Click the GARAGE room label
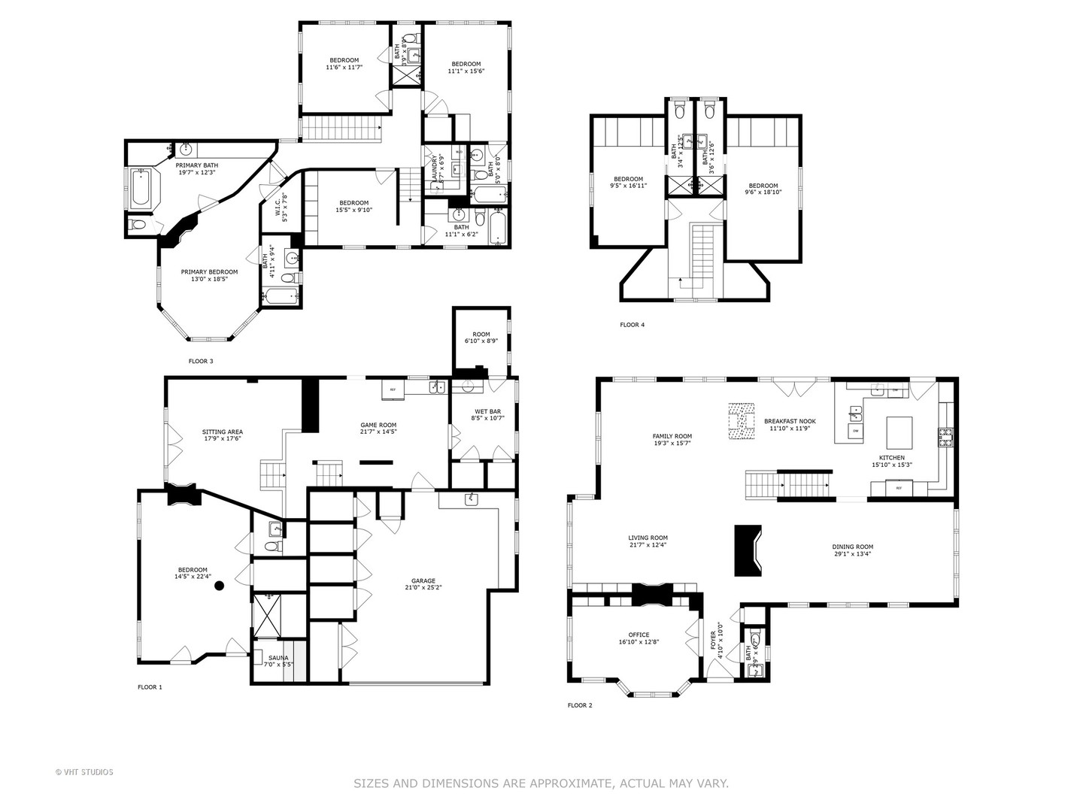point(423,584)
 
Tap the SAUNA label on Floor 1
point(278,661)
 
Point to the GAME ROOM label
point(378,429)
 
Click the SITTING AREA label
point(222,435)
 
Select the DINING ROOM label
point(852,550)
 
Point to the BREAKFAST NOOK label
point(790,426)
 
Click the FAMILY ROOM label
point(672,440)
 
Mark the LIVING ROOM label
point(648,541)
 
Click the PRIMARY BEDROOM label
point(209,275)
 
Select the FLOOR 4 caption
point(632,325)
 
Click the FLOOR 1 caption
point(150,687)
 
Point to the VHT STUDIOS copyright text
point(84,771)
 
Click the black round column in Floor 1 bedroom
point(219,584)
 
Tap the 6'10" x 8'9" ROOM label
point(481,338)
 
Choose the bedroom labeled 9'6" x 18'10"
point(763,189)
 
